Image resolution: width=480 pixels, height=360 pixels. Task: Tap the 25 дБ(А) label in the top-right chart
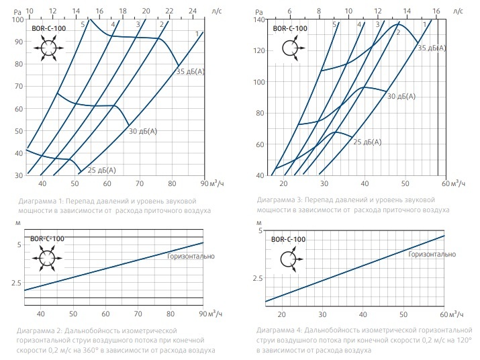coord(368,142)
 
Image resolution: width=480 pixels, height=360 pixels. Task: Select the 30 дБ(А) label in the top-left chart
coord(142,131)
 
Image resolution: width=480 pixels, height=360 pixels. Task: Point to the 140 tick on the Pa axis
coord(260,19)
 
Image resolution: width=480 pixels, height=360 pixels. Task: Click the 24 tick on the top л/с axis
coord(193,10)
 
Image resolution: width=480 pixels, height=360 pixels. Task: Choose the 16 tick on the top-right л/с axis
coord(436,11)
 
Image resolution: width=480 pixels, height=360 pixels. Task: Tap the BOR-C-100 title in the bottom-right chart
coord(289,239)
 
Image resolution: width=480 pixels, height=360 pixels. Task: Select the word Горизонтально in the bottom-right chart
coord(432,255)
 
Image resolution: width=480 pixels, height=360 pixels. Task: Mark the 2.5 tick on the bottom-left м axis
coord(16,283)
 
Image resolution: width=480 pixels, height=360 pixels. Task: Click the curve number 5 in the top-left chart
coord(83,24)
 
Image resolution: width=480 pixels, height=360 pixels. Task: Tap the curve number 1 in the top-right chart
coord(426,24)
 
